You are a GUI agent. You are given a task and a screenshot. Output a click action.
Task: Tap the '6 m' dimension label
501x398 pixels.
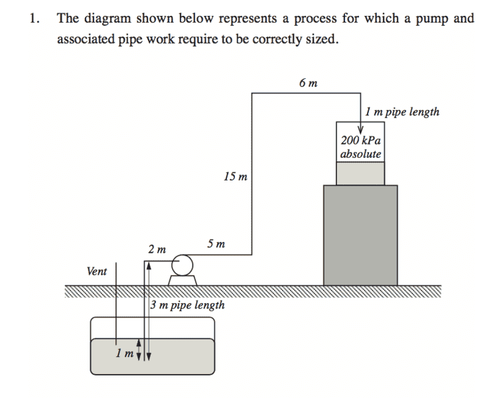coord(308,84)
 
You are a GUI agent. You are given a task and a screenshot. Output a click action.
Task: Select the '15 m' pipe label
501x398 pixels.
coord(236,177)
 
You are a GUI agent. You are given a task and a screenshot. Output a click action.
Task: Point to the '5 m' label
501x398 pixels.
coord(216,243)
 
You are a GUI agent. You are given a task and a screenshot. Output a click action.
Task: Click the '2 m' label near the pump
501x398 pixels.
coord(157,249)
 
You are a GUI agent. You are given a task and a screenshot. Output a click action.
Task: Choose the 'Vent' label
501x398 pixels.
coord(97,271)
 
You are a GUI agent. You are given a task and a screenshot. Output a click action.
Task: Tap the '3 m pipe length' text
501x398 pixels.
coord(187,306)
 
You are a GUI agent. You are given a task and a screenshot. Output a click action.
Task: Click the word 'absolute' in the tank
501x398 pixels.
coord(361,154)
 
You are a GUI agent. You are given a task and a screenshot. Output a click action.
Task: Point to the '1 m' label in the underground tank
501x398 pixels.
coord(123,353)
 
